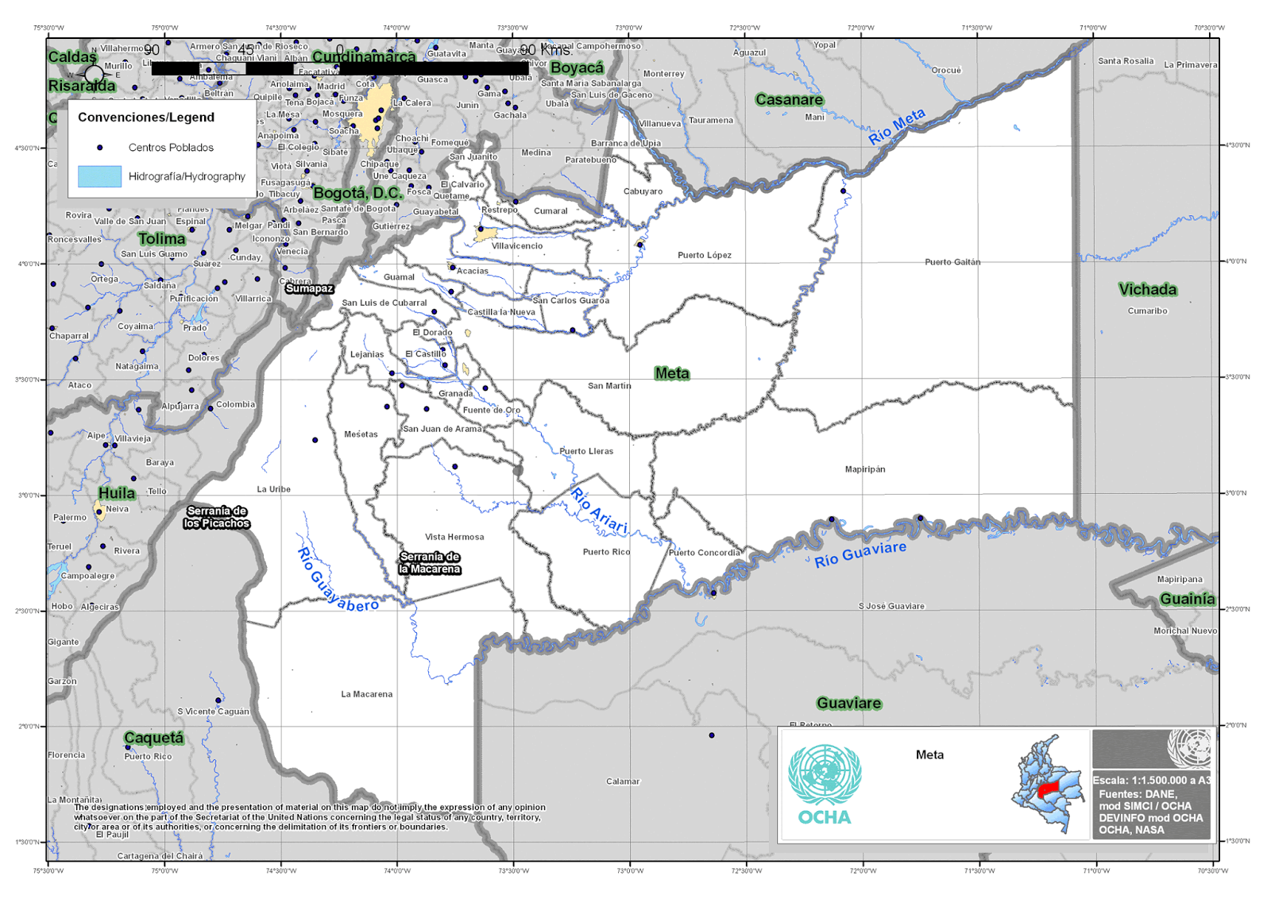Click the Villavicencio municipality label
pos(517,246)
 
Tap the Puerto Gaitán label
pos(952,262)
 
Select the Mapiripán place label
pos(865,469)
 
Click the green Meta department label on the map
pos(672,373)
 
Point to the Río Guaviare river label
pos(860,554)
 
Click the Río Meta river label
pos(897,126)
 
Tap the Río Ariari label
pos(599,511)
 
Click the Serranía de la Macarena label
pos(430,563)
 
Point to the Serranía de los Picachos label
pos(217,517)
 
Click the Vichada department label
pos(1147,290)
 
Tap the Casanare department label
pos(789,100)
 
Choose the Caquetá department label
pos(154,738)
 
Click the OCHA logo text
pos(825,817)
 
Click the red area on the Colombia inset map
pos(1049,789)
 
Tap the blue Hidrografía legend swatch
pos(99,176)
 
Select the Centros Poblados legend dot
pos(99,148)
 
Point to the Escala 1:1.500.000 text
pos(1151,780)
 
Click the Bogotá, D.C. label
pos(357,193)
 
